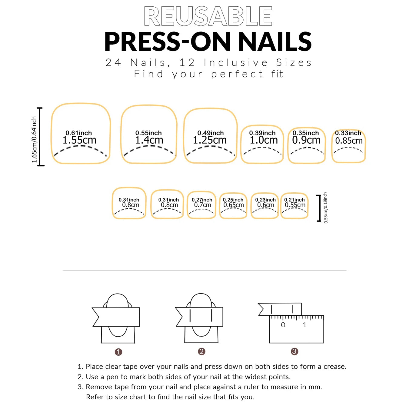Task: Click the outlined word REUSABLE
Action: (x=208, y=16)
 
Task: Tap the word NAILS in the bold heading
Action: (x=275, y=42)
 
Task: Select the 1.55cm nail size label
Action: (x=79, y=140)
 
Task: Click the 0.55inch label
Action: (x=148, y=133)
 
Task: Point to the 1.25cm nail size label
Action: (x=210, y=140)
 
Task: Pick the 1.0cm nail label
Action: (x=264, y=140)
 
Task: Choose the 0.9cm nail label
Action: (x=306, y=140)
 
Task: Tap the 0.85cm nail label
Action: (x=349, y=141)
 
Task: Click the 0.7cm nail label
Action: (x=202, y=205)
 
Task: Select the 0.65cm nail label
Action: (x=233, y=205)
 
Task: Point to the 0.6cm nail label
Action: (x=266, y=205)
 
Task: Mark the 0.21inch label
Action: (x=294, y=200)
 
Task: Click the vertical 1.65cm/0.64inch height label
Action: (x=34, y=140)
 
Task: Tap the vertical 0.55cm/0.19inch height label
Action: (x=325, y=208)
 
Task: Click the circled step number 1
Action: (x=118, y=352)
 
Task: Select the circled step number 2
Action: (x=201, y=351)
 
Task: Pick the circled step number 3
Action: (x=294, y=351)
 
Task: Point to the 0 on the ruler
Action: (x=283, y=325)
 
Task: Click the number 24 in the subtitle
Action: (x=113, y=63)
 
